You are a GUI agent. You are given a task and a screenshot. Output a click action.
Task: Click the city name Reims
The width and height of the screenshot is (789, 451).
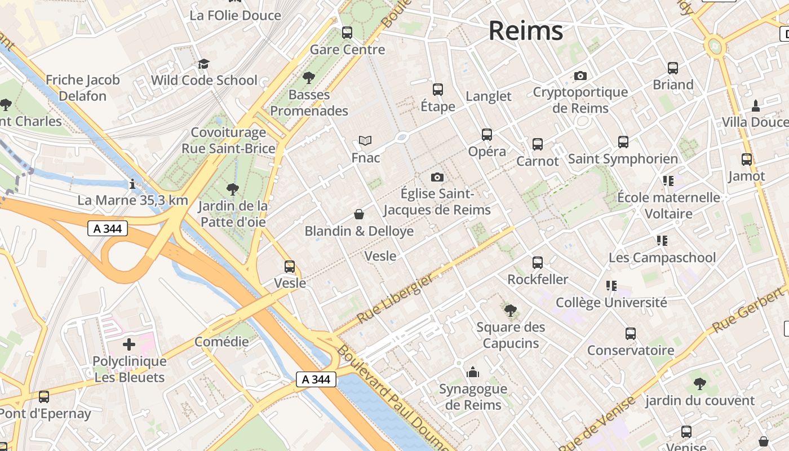pos(525,30)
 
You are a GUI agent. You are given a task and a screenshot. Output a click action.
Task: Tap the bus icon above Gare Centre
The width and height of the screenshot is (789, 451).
pos(347,33)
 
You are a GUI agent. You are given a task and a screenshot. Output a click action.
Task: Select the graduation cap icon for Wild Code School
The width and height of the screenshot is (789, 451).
pos(203,64)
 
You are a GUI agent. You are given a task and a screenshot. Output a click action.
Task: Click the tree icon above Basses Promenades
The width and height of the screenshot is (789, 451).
pos(308,78)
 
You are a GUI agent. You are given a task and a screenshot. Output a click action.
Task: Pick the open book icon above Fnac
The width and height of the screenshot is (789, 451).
pos(365,140)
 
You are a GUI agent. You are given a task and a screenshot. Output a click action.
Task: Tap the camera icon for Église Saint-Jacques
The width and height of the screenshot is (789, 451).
pos(437,178)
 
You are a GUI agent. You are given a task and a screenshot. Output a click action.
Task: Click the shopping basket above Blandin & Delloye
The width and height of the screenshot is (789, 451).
pos(358,214)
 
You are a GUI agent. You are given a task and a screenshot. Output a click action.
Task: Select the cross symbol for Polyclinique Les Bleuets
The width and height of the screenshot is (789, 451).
pos(129,344)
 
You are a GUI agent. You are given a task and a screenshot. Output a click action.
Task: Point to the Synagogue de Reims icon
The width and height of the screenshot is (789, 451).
pos(473,372)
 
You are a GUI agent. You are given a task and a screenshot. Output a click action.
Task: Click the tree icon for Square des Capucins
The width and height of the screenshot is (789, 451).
pos(511,310)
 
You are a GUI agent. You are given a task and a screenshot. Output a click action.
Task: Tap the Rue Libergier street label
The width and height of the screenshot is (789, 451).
pos(396,298)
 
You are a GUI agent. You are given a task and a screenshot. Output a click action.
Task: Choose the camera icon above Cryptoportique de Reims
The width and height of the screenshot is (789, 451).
pos(580,76)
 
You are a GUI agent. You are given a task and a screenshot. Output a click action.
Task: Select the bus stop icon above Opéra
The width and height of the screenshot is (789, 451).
pos(487,135)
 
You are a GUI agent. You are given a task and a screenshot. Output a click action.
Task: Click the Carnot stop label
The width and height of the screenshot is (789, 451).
pos(538,161)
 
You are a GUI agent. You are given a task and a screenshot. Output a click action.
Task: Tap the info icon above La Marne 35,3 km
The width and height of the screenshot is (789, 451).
pos(132,184)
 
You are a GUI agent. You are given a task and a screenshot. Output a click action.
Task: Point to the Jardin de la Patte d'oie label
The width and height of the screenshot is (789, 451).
pos(233,214)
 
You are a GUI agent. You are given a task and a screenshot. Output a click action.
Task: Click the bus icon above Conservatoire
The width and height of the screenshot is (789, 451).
pos(631,334)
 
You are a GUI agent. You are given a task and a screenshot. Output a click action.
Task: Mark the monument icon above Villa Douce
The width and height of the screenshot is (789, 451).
pos(756,105)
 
